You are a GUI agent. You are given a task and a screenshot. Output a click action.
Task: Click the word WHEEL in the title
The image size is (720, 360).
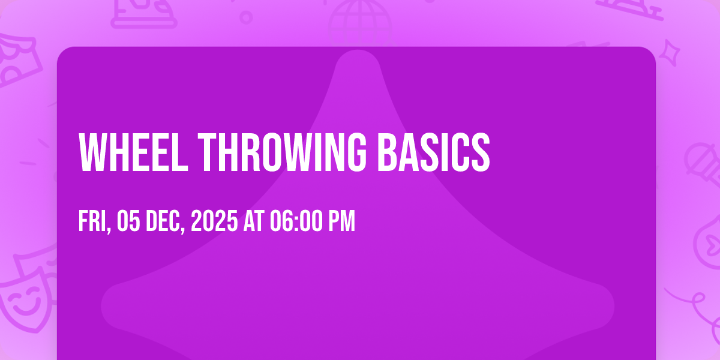pyautogui.click(x=133, y=152)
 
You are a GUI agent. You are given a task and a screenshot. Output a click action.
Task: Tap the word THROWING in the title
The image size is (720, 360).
pyautogui.click(x=282, y=152)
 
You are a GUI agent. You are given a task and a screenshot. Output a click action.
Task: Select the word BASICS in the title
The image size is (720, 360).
pyautogui.click(x=434, y=152)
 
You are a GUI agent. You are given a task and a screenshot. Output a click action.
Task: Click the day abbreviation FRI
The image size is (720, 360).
pyautogui.click(x=93, y=221)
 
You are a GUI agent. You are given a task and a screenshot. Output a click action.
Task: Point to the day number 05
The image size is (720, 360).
pyautogui.click(x=128, y=221)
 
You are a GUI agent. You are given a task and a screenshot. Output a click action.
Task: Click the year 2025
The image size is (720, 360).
pyautogui.click(x=214, y=221)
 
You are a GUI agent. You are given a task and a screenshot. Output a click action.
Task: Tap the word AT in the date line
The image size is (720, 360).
pyautogui.click(x=254, y=221)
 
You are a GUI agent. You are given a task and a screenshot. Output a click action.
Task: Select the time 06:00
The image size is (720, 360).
pyautogui.click(x=296, y=221)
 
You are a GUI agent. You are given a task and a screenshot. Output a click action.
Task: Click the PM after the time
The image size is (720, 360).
pyautogui.click(x=341, y=221)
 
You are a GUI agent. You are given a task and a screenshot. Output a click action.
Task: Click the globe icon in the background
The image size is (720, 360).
pyautogui.click(x=360, y=23)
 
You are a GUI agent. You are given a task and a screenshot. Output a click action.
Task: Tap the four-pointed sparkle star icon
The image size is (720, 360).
pyautogui.click(x=670, y=52)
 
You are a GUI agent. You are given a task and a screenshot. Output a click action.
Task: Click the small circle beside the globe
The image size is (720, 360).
pyautogui.click(x=246, y=17)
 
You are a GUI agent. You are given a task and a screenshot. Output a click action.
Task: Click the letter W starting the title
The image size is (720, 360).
pyautogui.click(x=93, y=152)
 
